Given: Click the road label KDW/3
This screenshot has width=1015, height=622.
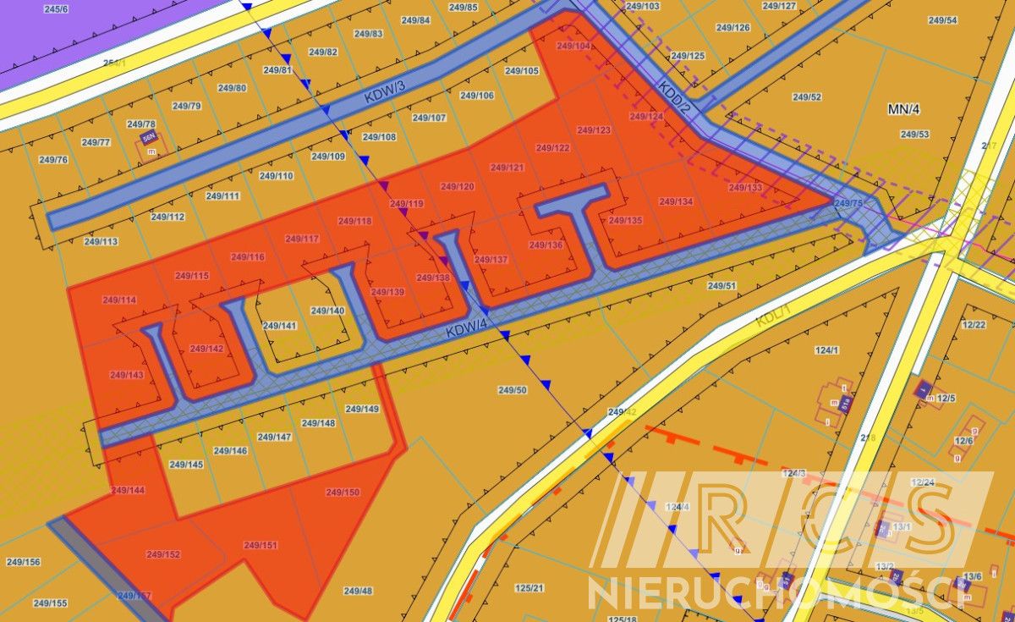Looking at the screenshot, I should click(x=386, y=93).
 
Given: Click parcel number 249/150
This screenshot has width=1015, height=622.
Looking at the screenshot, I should click(x=343, y=492).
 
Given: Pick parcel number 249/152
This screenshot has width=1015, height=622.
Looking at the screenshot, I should click(x=163, y=554).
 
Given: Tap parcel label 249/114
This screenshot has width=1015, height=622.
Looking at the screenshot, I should click(x=118, y=300).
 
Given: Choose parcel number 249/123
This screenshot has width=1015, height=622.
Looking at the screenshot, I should click(x=594, y=130).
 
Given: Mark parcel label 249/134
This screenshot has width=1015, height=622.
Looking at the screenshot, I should click(x=676, y=201).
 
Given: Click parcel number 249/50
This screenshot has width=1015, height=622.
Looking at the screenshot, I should click(x=513, y=390).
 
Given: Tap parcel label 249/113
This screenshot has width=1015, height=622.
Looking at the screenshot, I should click(x=101, y=241).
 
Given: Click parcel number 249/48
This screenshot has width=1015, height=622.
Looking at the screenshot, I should click(x=358, y=591).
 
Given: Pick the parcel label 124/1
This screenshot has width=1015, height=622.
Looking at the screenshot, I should click(x=826, y=350).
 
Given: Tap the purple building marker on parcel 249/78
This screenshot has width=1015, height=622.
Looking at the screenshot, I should click(x=150, y=138).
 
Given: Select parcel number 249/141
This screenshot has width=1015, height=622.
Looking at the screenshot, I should click(x=279, y=326).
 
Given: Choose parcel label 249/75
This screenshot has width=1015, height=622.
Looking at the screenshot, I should click(x=848, y=203).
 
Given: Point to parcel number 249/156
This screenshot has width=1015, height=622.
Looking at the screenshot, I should click(x=23, y=562).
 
